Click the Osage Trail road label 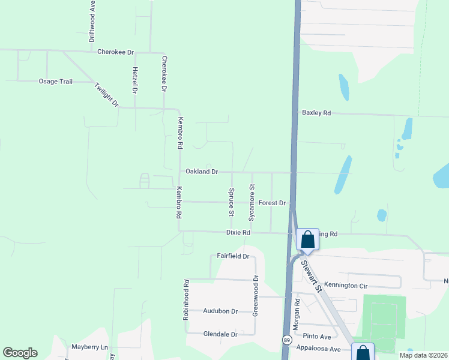[x=55, y=81]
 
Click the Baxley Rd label [x=316, y=113]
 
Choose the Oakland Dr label [x=201, y=172]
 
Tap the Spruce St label [x=231, y=202]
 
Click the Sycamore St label [x=252, y=202]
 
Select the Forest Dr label [x=272, y=203]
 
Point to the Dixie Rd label [x=238, y=232]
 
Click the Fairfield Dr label [x=233, y=256]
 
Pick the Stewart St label [x=312, y=275]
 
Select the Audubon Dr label [x=221, y=311]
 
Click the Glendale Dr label [x=221, y=334]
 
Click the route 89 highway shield [x=287, y=340]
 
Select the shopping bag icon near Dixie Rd [x=307, y=239]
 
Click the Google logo [x=20, y=353]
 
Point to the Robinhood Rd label [x=186, y=299]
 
